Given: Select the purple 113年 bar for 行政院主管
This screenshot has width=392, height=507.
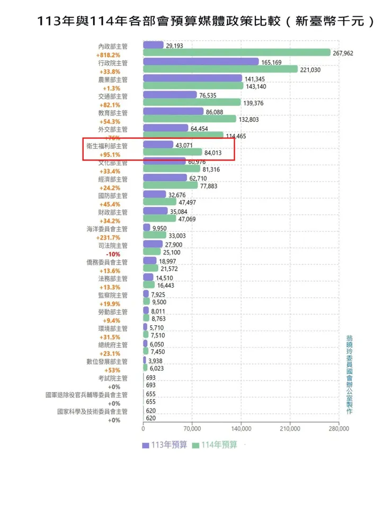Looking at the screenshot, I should pyautogui.click(x=201, y=62).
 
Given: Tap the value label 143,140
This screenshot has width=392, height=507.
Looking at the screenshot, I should pyautogui.click(x=256, y=86).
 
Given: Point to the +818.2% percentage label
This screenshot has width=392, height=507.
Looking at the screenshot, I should pyautogui.click(x=109, y=55).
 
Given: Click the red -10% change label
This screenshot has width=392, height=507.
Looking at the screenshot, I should pyautogui.click(x=114, y=254).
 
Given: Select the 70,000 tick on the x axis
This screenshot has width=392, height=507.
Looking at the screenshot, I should pyautogui.click(x=192, y=429).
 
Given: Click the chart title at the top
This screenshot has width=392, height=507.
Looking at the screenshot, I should pyautogui.click(x=206, y=21).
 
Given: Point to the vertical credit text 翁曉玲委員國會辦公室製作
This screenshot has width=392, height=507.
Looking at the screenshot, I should pyautogui.click(x=349, y=373).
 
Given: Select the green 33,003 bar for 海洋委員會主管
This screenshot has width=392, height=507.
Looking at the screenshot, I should pyautogui.click(x=155, y=235).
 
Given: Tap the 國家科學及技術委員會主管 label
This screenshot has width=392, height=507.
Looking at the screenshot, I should pyautogui.click(x=93, y=411).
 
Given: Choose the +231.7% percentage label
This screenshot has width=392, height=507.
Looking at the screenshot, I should pyautogui.click(x=109, y=237).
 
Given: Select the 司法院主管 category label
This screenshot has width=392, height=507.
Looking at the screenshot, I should pyautogui.click(x=113, y=245).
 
